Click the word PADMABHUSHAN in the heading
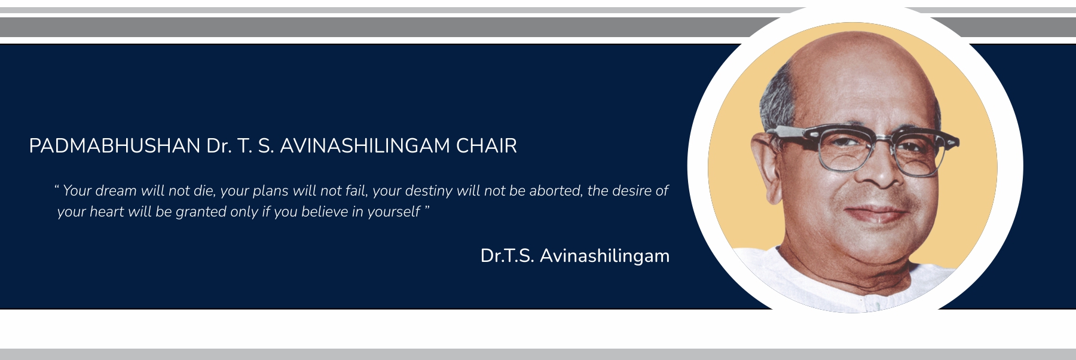pos(115,146)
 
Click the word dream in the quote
pos(116,191)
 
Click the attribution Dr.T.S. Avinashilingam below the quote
pos(575,256)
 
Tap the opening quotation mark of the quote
pos(56,187)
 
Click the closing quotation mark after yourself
pos(427,208)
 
